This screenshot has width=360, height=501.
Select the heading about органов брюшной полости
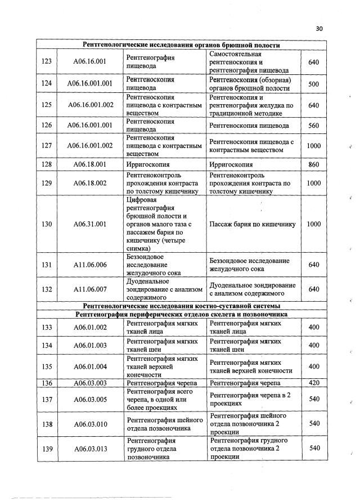(x=182, y=45)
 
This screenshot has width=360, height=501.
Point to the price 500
(x=314, y=84)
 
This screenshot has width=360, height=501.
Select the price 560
(x=314, y=126)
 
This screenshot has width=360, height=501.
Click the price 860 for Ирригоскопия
(x=314, y=165)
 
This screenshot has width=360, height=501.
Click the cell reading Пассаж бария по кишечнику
(x=252, y=225)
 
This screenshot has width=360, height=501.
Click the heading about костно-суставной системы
(x=182, y=306)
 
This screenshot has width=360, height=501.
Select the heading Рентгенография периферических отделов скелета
(x=182, y=314)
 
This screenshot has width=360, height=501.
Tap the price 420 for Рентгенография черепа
(x=314, y=383)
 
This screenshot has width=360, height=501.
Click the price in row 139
(x=314, y=448)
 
